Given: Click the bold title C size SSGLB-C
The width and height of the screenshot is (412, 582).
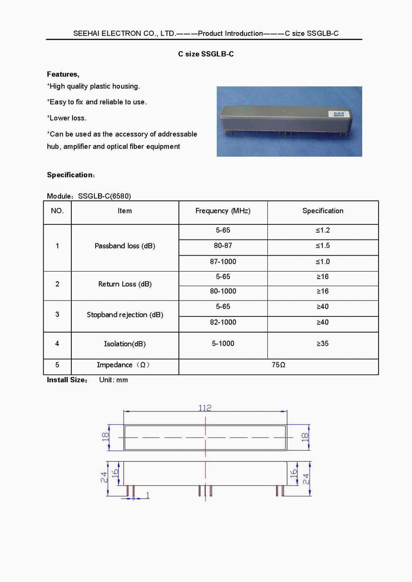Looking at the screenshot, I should [206, 54].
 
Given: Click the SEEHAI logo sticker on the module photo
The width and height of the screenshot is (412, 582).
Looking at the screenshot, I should [339, 114].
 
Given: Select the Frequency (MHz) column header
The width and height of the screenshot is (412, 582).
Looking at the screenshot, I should [223, 211].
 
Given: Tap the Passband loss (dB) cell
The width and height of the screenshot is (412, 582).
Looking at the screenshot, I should [125, 246].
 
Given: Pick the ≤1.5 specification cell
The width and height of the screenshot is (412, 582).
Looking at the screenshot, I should [323, 246].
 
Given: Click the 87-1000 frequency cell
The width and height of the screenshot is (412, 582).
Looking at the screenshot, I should [223, 262].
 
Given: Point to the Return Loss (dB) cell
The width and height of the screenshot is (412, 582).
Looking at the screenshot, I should [125, 284].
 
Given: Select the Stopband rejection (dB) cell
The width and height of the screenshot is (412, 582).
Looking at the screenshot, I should [125, 315].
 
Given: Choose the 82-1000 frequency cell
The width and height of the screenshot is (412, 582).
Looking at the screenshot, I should [223, 322].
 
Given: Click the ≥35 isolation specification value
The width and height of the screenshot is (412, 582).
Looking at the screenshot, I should [323, 344].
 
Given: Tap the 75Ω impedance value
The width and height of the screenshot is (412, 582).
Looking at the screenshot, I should [279, 365].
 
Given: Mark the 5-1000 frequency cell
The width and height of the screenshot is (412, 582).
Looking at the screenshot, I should [223, 344].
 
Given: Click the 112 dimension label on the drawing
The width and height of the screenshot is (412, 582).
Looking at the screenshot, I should [205, 408].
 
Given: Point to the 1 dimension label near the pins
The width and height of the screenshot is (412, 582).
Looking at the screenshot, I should [147, 495].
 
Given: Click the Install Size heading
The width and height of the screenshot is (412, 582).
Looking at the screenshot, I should [67, 380].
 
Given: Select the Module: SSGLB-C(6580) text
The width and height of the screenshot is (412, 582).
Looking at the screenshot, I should [89, 196].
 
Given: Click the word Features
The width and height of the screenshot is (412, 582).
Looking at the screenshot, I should [63, 74].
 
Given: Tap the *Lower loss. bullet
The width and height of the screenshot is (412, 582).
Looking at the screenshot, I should [67, 118].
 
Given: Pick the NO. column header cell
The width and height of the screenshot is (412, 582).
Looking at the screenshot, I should [57, 211].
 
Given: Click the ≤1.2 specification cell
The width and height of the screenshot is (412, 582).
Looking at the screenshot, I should [323, 230].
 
